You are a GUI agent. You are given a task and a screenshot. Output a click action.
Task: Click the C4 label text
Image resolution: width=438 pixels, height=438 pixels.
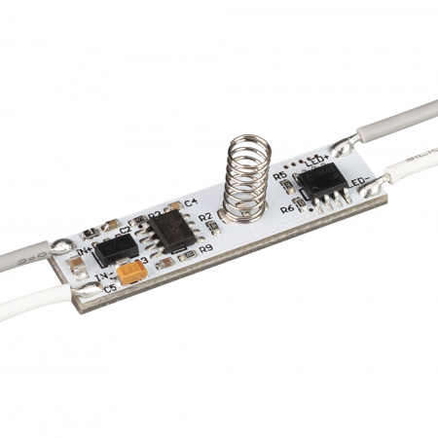point(190,203)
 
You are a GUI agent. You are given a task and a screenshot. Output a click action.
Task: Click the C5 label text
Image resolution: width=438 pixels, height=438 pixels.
point(109,289)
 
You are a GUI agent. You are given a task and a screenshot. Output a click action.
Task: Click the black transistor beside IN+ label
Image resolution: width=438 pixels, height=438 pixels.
point(117,248)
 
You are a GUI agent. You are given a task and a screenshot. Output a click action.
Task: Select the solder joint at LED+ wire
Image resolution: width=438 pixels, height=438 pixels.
point(343,148)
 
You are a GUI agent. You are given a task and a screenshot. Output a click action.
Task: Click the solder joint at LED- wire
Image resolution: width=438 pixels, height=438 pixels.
point(383,179)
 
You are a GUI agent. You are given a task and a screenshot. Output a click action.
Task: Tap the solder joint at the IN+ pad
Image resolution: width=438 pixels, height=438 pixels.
point(62,246)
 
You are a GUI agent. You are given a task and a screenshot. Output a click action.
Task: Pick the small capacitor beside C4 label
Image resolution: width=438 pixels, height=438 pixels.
point(175,206)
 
